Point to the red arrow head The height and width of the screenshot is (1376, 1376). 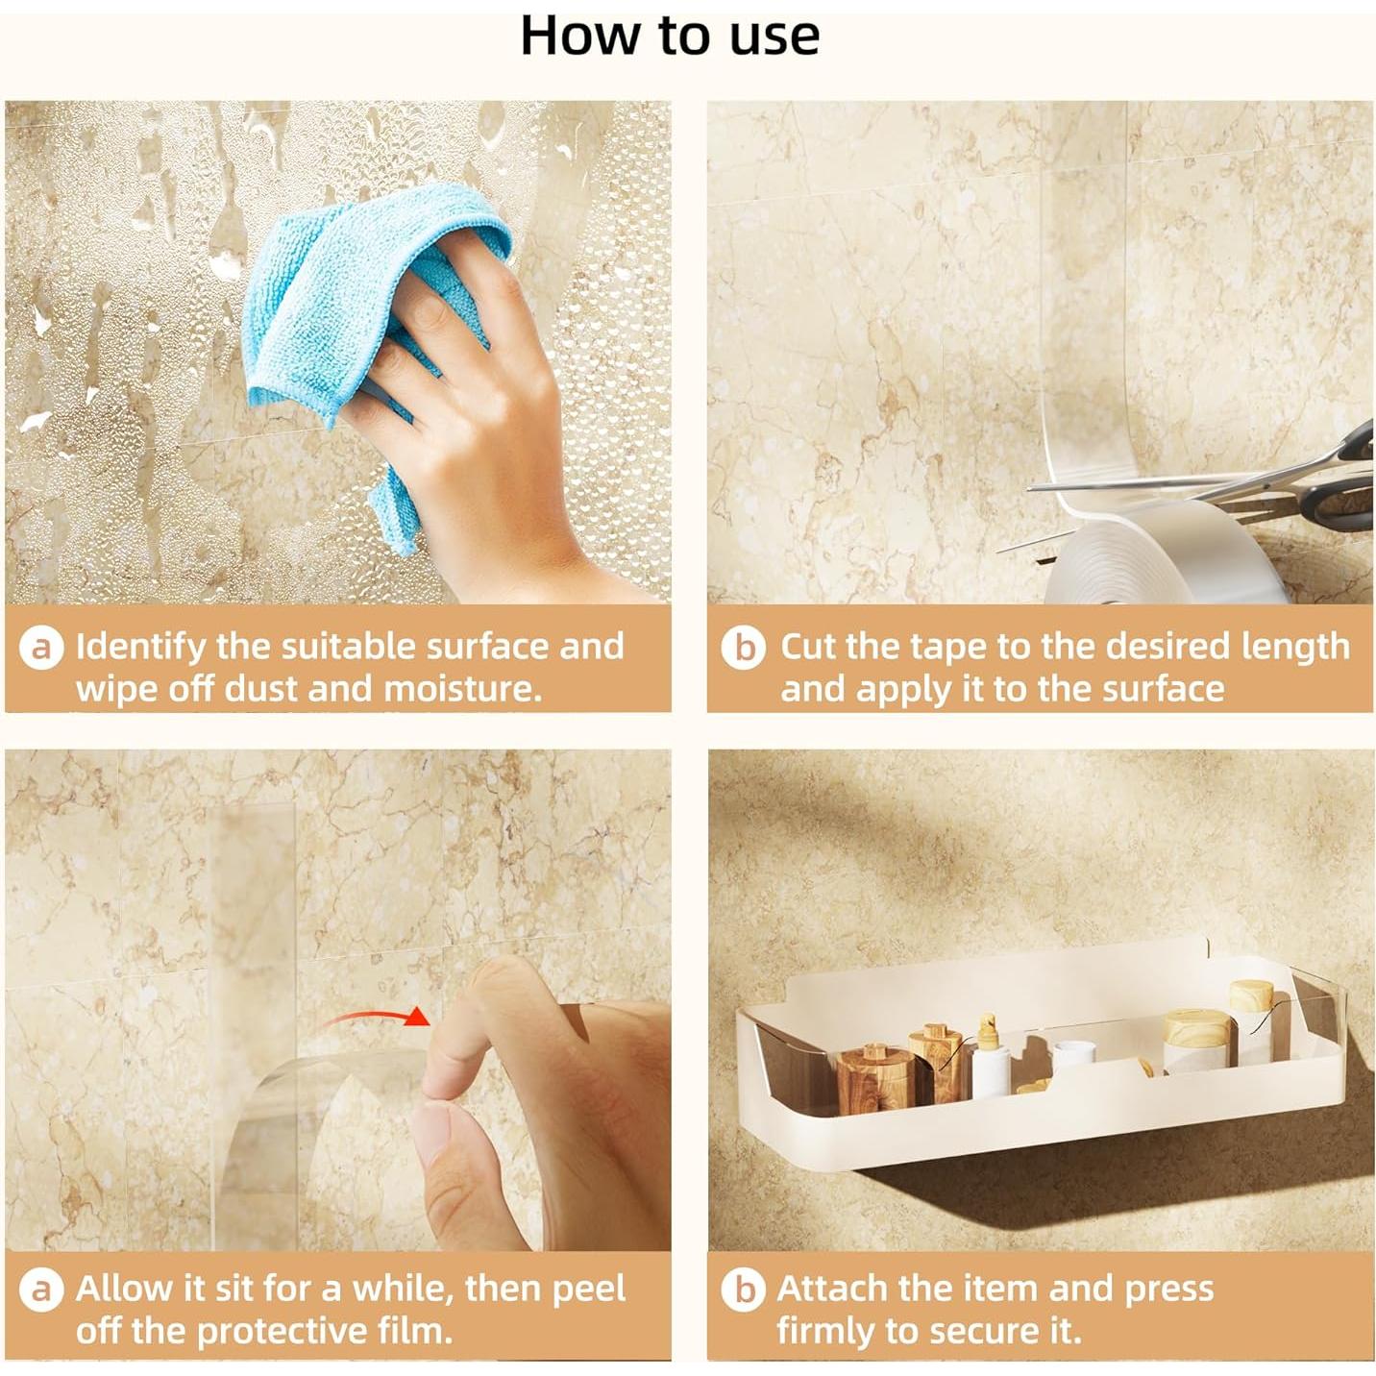point(416,1015)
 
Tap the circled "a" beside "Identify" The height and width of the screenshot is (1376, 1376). point(41,649)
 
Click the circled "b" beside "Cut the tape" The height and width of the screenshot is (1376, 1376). point(744,649)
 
